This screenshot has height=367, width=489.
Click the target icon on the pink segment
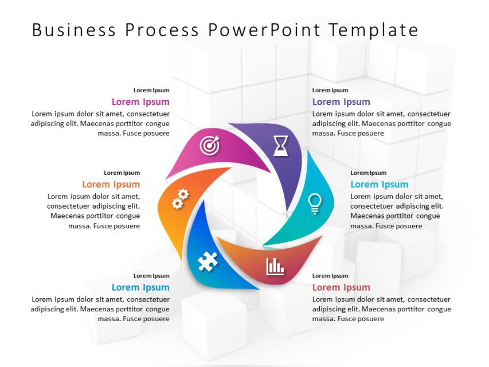click(209, 146)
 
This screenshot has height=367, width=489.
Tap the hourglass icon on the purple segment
click(280, 146)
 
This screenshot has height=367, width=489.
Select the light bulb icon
click(315, 204)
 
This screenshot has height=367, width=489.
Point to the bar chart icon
click(275, 266)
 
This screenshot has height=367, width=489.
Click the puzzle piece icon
click(207, 262)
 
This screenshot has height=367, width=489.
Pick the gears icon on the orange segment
click(180, 199)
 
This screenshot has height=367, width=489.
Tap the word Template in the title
click(374, 30)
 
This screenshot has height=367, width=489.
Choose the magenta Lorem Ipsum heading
click(140, 102)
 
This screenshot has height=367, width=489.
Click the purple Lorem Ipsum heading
click(341, 102)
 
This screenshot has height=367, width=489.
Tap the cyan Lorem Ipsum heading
click(379, 185)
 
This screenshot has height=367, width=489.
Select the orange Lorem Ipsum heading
click(111, 185)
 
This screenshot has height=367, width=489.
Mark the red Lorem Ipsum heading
click(341, 288)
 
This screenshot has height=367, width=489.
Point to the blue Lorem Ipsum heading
click(140, 288)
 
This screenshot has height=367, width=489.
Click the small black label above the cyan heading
click(369, 173)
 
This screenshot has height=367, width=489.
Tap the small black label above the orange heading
click(122, 173)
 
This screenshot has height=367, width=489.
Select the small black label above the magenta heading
click(151, 90)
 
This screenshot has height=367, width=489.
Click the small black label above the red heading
click(330, 276)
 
